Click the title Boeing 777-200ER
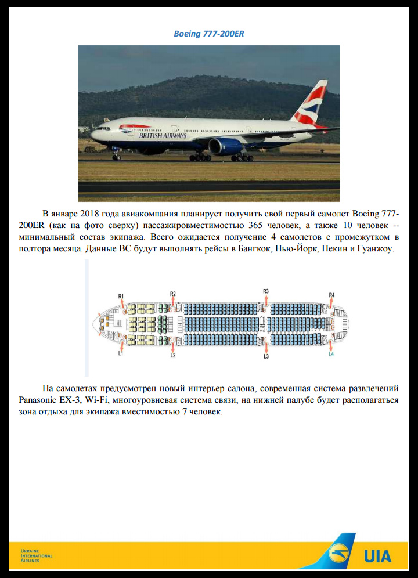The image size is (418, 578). pyautogui.click(x=209, y=34)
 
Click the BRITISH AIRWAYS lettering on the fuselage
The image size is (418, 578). pyautogui.click(x=163, y=136)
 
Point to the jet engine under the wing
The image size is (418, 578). pyautogui.click(x=224, y=146)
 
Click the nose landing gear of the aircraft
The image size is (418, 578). pyautogui.click(x=116, y=156)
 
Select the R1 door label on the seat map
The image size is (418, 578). pyautogui.click(x=121, y=297)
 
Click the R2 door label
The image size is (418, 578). pyautogui.click(x=173, y=294)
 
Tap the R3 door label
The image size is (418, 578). pyautogui.click(x=266, y=291)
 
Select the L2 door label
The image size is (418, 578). pyautogui.click(x=173, y=355)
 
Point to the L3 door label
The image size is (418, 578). pyautogui.click(x=266, y=356)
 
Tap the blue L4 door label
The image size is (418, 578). pyautogui.click(x=331, y=354)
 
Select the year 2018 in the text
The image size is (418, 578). pyautogui.click(x=90, y=214)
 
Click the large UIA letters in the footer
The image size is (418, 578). pyautogui.click(x=377, y=557)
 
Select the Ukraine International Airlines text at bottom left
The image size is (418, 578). pyautogui.click(x=36, y=555)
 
